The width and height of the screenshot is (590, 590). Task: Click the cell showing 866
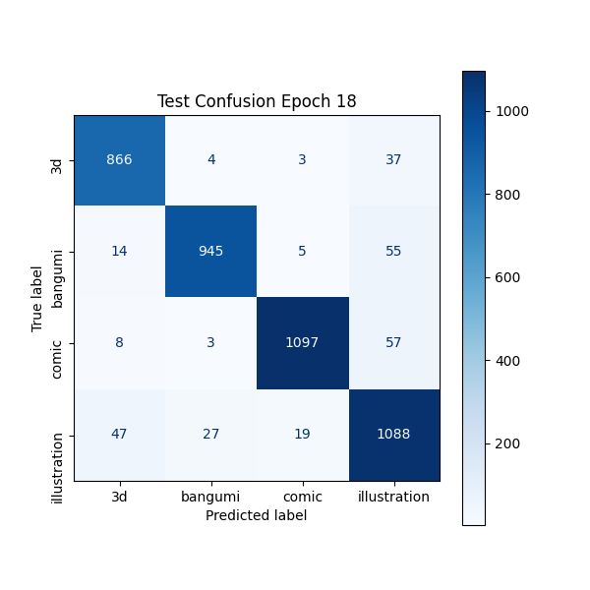pos(119,159)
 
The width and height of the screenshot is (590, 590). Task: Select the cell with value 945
pos(210,251)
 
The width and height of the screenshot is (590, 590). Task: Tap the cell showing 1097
pos(302,342)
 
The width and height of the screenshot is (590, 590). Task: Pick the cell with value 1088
pos(393,434)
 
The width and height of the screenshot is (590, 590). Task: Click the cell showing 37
pos(393,159)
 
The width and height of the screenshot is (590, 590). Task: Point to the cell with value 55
pos(393,251)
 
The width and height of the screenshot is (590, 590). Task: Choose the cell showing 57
pos(393,342)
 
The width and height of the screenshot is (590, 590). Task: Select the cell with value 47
pos(119,434)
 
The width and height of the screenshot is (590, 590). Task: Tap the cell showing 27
pos(210,434)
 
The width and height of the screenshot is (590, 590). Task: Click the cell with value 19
pos(302,434)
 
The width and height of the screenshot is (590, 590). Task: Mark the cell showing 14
pos(119,251)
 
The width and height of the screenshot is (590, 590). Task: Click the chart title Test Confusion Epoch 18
pos(257,101)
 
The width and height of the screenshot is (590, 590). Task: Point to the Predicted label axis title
pos(257,515)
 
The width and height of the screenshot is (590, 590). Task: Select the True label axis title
pos(37,298)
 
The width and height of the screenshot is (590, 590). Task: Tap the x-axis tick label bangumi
pos(210,497)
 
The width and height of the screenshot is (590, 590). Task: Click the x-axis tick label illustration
pos(393,497)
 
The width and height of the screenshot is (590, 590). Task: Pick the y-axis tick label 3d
pos(58,159)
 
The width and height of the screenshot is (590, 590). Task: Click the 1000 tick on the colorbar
pos(512,111)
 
